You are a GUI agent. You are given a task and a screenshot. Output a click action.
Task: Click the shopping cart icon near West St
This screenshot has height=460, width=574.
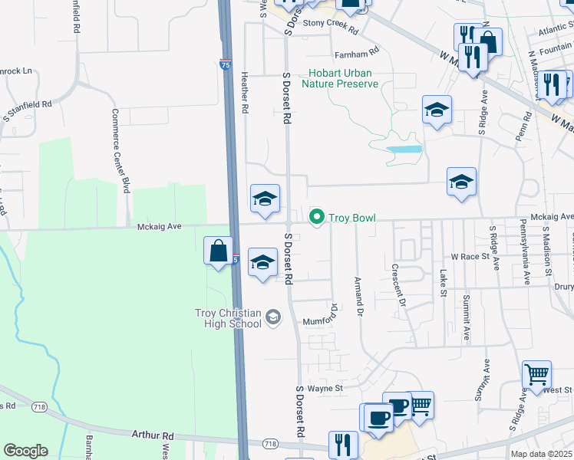(536, 375)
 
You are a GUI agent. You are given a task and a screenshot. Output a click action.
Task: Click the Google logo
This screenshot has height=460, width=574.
(25, 451)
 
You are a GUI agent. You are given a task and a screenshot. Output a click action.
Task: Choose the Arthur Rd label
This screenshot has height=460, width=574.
(153, 435)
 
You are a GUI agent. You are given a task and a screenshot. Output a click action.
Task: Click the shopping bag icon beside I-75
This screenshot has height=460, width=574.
(219, 251)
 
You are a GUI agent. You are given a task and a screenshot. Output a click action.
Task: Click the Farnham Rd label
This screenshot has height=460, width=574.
(356, 54)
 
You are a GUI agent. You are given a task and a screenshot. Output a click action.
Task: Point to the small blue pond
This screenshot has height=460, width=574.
(404, 149)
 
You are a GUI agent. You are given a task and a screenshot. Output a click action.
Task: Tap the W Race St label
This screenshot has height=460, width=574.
(470, 257)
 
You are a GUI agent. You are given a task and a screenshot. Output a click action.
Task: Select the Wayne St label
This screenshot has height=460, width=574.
(325, 389)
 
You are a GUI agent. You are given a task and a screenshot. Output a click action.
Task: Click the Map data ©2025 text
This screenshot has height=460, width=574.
(541, 454)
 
